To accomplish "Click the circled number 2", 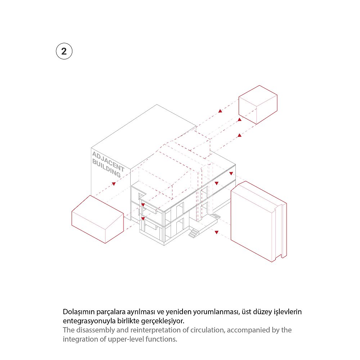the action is click(x=64, y=51).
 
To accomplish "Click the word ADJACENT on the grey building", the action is click(x=108, y=162).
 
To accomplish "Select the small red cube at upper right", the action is click(x=258, y=105).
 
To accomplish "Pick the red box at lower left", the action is click(x=98, y=219).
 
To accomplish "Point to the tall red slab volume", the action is click(x=258, y=221).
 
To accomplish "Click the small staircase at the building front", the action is click(x=194, y=233).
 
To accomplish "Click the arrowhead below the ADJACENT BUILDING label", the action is click(x=114, y=184).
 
